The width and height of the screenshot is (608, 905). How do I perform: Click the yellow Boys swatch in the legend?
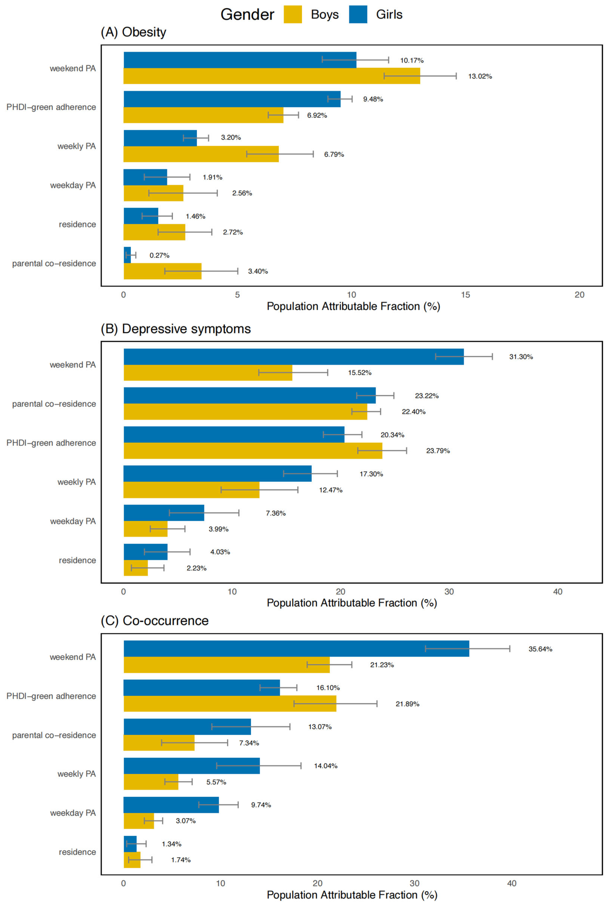click(x=293, y=14)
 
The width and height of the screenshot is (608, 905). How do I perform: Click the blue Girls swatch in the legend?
click(x=358, y=14)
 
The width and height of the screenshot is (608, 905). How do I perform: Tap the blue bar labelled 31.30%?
click(x=294, y=357)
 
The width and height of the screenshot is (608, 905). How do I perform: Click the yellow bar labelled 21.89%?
click(x=230, y=704)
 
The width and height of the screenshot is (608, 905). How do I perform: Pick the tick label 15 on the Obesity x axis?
click(x=465, y=295)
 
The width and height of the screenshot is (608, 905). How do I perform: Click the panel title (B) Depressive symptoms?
click(x=176, y=329)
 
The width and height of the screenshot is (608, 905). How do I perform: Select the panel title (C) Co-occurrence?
click(x=155, y=621)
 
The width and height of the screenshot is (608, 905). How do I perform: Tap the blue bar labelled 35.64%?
click(x=296, y=649)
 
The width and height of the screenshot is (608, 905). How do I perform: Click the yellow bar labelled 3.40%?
click(x=162, y=271)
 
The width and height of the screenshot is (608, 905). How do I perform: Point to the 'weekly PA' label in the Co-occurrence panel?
click(x=76, y=774)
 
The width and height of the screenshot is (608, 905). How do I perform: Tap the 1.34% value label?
click(x=171, y=844)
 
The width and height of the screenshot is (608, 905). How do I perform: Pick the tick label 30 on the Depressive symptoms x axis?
click(x=449, y=592)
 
